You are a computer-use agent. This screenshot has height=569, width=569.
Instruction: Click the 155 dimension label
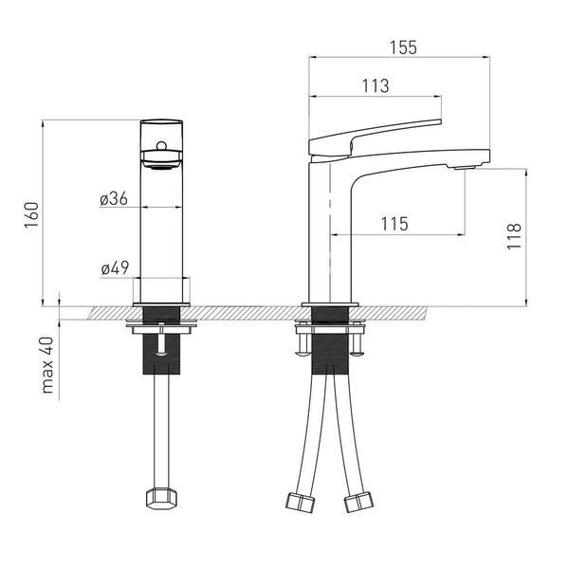pyautogui.click(x=403, y=47)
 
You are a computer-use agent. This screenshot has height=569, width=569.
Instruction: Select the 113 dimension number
pyautogui.click(x=376, y=86)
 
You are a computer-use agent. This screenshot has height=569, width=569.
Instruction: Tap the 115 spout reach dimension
pyautogui.click(x=395, y=224)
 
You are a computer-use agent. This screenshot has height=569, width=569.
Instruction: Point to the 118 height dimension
pyautogui.click(x=514, y=236)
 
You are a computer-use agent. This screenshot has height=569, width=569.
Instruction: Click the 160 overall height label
pyautogui.click(x=31, y=215)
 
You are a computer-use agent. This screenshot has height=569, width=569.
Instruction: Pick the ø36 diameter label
pyautogui.click(x=114, y=199)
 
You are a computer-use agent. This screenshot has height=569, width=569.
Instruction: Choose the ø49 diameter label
pyautogui.click(x=115, y=268)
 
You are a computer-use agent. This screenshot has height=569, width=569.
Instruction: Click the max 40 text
pyautogui.click(x=47, y=365)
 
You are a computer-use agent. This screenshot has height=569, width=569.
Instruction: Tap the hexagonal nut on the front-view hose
pyautogui.click(x=161, y=499)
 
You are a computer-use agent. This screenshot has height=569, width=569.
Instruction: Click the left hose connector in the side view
pyautogui.click(x=300, y=503)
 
